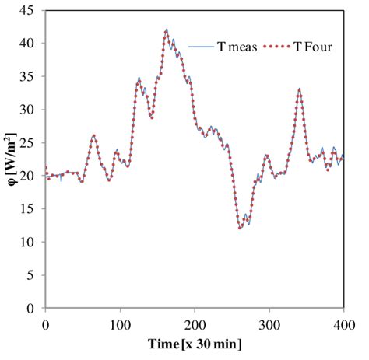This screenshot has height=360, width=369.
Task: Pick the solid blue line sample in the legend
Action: (201, 48)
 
